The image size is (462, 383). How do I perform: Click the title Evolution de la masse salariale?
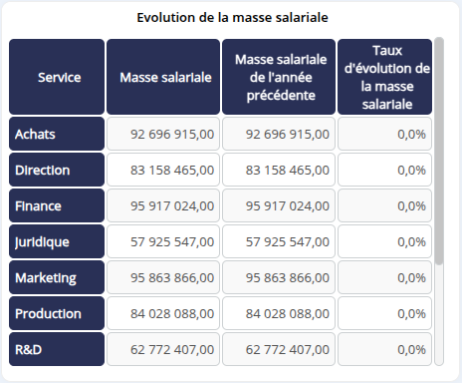[231, 17]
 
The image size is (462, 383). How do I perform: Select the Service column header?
[57, 77]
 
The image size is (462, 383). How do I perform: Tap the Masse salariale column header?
[163, 77]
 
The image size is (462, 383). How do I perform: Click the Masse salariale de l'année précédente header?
[278, 77]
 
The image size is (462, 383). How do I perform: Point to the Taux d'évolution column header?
[384, 77]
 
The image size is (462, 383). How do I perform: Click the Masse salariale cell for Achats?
[163, 134]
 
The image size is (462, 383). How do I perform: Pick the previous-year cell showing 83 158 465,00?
[278, 170]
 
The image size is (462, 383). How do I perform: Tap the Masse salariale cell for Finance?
[163, 205]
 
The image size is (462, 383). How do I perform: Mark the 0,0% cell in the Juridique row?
[384, 241]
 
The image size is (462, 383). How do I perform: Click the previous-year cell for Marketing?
[278, 277]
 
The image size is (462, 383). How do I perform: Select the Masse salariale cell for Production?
[163, 313]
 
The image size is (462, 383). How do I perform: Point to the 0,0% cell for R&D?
[384, 349]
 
